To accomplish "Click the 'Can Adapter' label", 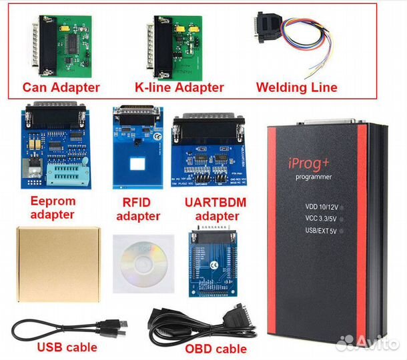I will click(61, 87).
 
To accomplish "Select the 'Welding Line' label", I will click(296, 87).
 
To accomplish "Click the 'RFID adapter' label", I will click(138, 209).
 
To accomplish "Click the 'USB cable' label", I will click(67, 347).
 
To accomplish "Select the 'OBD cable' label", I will click(216, 348).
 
